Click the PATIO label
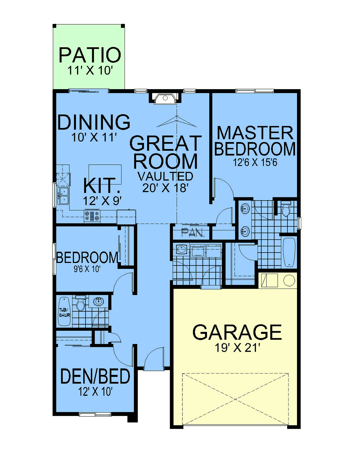(90, 55)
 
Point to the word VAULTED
(165, 176)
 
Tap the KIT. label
(102, 185)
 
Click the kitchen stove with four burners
(92, 216)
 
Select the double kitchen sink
(63, 196)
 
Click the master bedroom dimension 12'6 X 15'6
(255, 163)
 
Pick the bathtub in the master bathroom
(289, 252)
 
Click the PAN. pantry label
(192, 232)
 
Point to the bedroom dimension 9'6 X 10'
(87, 269)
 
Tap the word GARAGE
(237, 332)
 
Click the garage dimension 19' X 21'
(237, 348)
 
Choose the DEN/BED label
(95, 376)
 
